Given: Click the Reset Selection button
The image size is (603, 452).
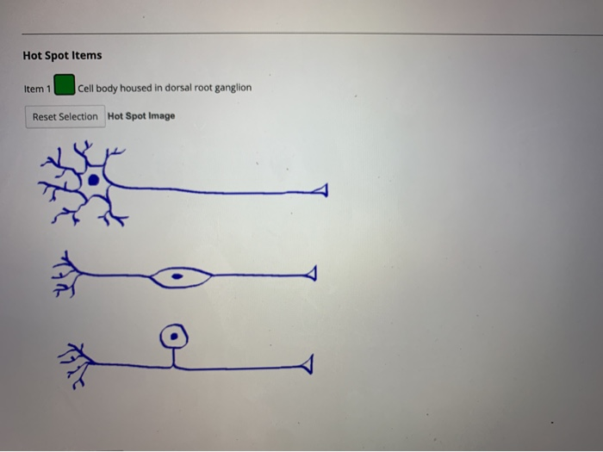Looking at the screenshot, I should [x=65, y=116].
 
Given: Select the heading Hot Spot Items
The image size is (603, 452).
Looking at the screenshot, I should [x=62, y=55].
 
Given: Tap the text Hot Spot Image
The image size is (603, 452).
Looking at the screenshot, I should [x=141, y=116].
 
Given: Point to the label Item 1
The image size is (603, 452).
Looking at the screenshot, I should [x=37, y=88].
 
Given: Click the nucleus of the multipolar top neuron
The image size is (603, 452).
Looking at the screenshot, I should [x=92, y=181].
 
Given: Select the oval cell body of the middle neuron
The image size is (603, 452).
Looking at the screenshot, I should [x=181, y=277].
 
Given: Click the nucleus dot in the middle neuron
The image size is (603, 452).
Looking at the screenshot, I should [x=177, y=277].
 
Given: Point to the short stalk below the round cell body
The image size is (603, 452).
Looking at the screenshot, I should [x=176, y=356].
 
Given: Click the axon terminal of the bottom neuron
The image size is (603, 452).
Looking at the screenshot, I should [x=305, y=367].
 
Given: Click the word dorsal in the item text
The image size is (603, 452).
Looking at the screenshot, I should [x=166, y=88].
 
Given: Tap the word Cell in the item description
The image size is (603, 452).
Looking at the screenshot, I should [x=86, y=88].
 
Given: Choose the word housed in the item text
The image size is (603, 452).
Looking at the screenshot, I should [x=134, y=88].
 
